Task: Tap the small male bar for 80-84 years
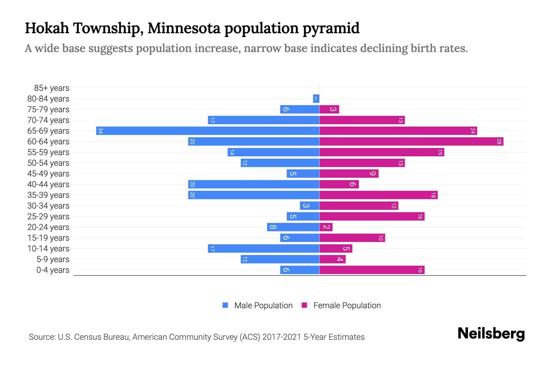click(316, 99)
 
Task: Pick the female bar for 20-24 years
click(326, 227)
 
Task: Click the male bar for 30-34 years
click(309, 206)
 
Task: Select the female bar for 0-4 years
click(372, 270)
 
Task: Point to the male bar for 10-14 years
click(263, 249)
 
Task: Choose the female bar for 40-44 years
click(339, 184)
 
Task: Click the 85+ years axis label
click(52, 88)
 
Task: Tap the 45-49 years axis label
click(48, 174)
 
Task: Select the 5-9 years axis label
click(53, 259)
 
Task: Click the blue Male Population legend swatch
click(225, 305)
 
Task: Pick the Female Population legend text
click(347, 306)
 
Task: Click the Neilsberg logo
click(491, 334)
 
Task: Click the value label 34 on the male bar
click(100, 131)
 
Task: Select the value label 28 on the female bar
click(499, 142)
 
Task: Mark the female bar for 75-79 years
click(329, 109)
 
